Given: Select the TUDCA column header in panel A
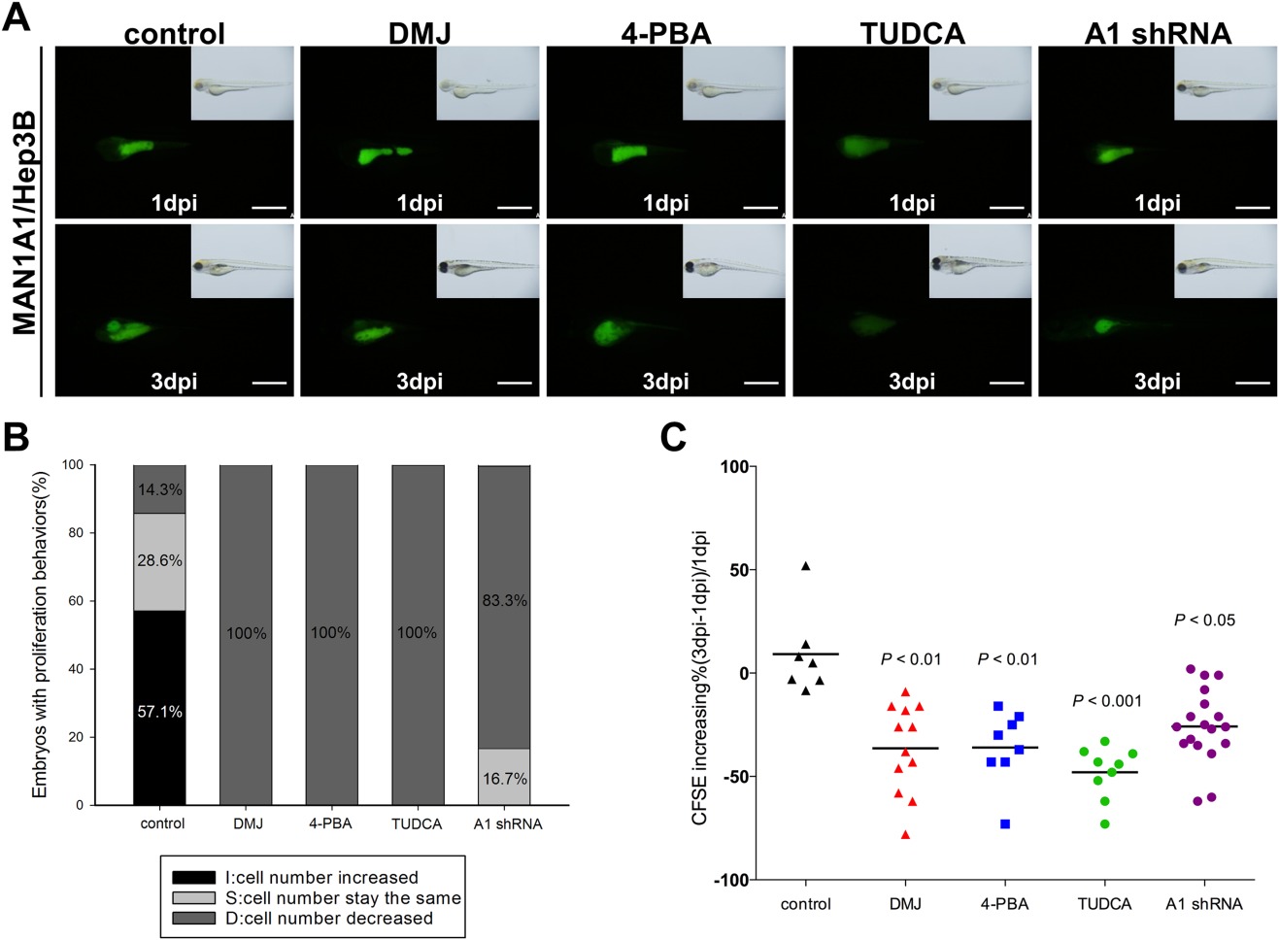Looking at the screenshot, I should tap(912, 34).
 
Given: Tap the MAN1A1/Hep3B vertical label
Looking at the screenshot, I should tap(24, 223).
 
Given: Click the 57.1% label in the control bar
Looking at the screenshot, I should tap(159, 712).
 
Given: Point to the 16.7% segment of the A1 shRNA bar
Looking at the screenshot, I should tap(504, 778).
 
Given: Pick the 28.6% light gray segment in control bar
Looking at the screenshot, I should tap(159, 560).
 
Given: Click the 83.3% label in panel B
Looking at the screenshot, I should tap(504, 600).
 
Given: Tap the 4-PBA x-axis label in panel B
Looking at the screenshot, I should tap(330, 823).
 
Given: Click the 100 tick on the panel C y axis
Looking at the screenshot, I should tap(734, 467).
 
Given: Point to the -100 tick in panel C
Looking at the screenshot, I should tap(731, 880).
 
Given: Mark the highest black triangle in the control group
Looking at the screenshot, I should tap(805, 566).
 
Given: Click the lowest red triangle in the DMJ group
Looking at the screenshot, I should tap(906, 834).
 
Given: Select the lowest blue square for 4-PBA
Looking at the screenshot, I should tap(1005, 824).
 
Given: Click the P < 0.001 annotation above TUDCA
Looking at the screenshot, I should tap(1106, 701).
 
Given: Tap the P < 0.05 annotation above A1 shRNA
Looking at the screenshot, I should tap(1204, 621).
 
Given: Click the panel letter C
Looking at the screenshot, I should tap(673, 438).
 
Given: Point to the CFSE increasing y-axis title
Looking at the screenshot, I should tap(700, 678).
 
